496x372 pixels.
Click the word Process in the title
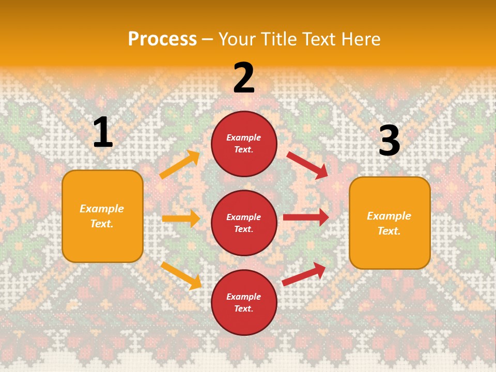click(x=162, y=39)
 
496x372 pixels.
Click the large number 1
click(x=103, y=132)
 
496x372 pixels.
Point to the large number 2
click(x=244, y=78)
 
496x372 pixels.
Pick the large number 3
click(x=389, y=141)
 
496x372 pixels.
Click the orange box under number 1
click(x=102, y=216)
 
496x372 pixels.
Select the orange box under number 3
click(x=390, y=223)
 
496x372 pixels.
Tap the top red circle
click(x=244, y=144)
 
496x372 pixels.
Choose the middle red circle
click(x=244, y=223)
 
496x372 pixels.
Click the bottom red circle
click(x=244, y=302)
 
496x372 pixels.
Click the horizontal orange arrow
click(x=181, y=219)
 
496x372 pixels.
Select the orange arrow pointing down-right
click(x=181, y=275)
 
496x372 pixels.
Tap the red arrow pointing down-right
click(x=307, y=164)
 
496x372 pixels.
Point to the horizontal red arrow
click(x=306, y=218)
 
